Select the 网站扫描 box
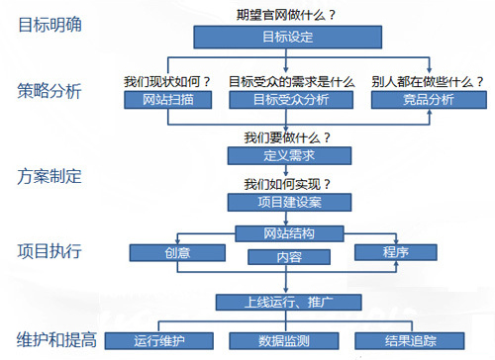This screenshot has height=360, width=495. (x=166, y=100)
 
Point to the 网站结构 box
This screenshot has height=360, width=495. (x=289, y=234)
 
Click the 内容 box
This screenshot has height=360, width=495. (x=288, y=257)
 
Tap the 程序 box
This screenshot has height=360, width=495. (x=395, y=252)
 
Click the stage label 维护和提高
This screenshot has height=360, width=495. (x=57, y=339)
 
